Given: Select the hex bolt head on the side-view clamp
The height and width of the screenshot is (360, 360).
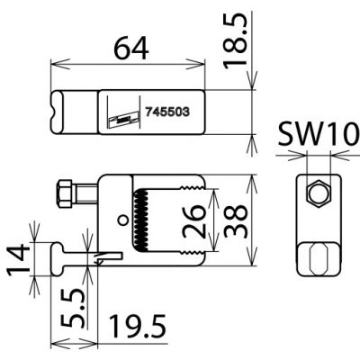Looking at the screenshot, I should click(64, 192).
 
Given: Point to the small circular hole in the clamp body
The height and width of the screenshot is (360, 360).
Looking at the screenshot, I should click(121, 219).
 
